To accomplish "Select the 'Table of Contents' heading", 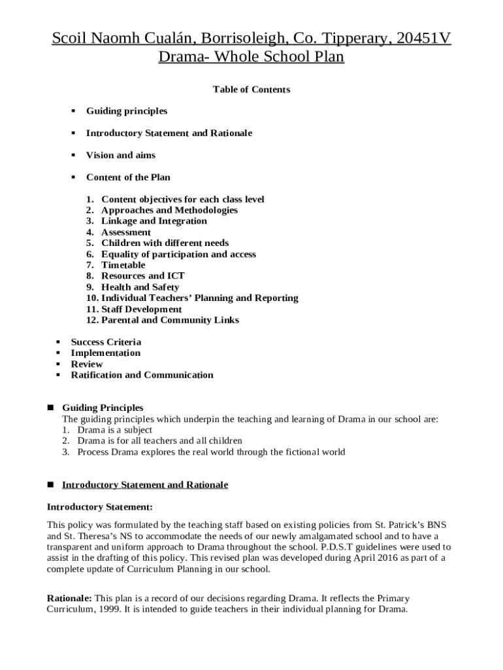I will click(x=252, y=89).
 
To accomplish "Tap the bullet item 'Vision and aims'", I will click(x=120, y=155).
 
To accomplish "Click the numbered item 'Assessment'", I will click(x=125, y=232).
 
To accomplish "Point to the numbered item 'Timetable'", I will click(x=123, y=265).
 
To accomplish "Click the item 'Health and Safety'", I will click(x=140, y=287).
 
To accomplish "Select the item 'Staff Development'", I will click(x=141, y=309).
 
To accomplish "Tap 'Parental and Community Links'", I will click(x=170, y=320).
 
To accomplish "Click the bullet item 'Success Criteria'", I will click(x=106, y=342).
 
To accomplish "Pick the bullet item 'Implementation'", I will click(x=105, y=353).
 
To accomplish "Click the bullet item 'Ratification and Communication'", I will click(x=142, y=375).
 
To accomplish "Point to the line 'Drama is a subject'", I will click(x=114, y=430).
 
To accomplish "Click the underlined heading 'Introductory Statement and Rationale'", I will click(x=144, y=485).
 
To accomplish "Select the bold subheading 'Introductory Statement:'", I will click(x=100, y=507).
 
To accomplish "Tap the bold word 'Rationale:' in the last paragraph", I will click(x=69, y=598).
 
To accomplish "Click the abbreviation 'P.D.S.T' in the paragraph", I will click(x=337, y=547).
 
